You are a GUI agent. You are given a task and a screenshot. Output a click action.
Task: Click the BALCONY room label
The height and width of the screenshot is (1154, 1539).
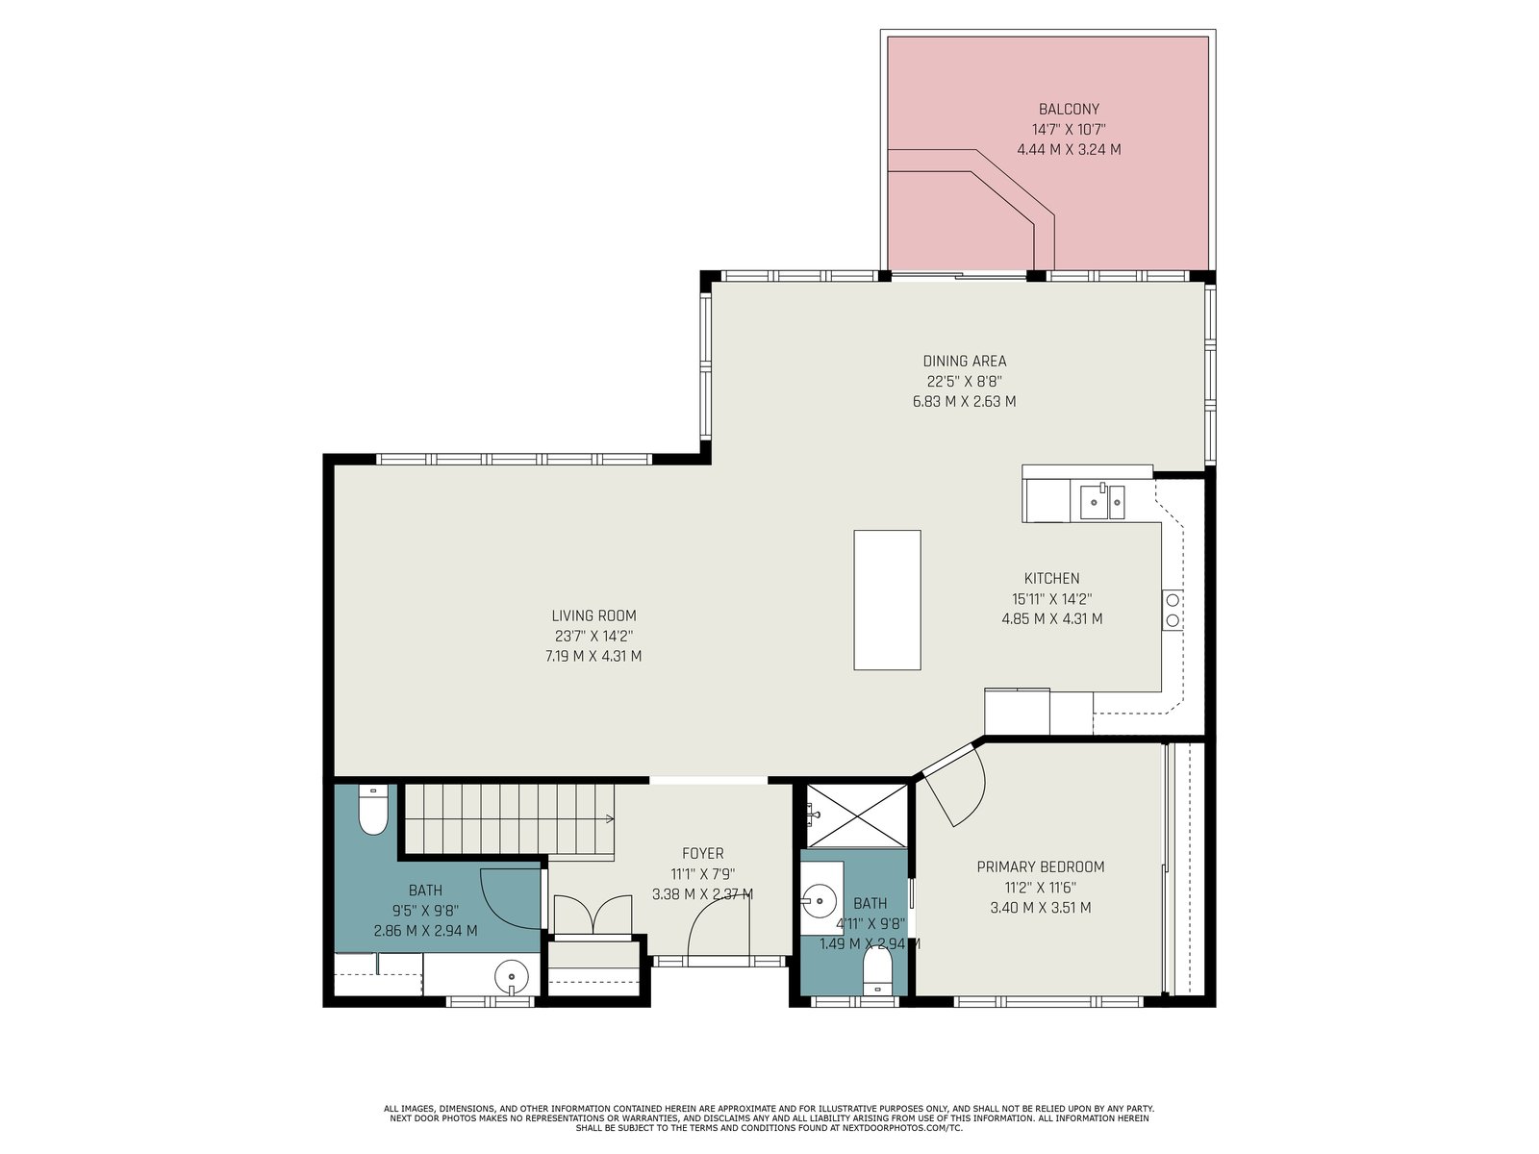1068,110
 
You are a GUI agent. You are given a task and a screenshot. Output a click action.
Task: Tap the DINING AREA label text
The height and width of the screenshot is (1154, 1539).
964,361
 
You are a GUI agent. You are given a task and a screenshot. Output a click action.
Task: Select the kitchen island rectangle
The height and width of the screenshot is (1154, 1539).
886,600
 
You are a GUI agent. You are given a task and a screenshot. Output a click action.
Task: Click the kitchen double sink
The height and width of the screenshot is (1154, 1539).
1101,502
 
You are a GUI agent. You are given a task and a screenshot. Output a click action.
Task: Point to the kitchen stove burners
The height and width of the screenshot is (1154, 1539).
1173,610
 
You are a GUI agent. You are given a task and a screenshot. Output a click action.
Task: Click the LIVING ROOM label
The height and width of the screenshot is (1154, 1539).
593,615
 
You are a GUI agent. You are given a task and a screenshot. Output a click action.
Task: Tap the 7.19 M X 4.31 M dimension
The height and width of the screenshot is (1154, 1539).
593,657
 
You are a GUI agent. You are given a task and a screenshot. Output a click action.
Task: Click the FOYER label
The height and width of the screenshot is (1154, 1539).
702,853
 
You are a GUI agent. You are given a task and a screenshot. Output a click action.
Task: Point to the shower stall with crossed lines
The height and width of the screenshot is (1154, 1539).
856,815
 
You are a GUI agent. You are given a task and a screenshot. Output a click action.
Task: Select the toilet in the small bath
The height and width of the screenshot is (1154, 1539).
876,971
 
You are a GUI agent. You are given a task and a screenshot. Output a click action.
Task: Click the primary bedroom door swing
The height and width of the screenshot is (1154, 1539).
955,785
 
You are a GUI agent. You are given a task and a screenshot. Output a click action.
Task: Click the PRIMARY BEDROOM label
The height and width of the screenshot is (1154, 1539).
1041,866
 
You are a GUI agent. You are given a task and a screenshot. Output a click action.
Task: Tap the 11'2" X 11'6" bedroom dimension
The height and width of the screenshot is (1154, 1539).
1041,887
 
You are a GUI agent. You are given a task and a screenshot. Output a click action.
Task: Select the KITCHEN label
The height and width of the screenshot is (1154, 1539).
1051,578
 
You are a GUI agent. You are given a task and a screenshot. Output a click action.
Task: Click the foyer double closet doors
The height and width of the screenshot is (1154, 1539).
593,916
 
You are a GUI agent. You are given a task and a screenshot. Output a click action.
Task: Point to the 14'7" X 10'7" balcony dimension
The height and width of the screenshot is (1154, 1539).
1069,130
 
